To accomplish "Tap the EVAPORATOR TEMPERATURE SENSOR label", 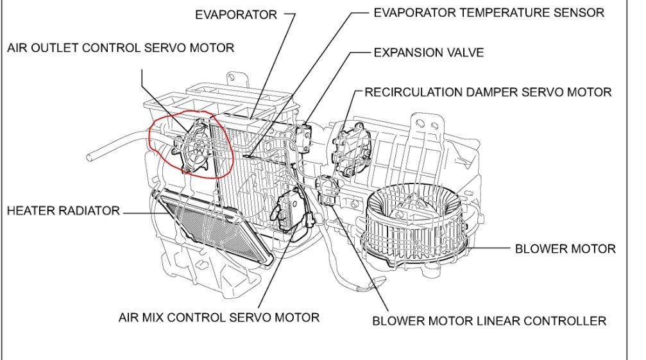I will (x=489, y=12).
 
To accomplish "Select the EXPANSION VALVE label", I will (x=429, y=52).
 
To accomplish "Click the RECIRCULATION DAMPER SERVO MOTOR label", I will (x=488, y=92).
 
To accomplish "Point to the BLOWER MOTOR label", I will (x=565, y=248).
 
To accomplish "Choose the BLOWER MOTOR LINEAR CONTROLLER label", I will (x=489, y=320).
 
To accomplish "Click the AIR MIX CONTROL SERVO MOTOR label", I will (x=219, y=317).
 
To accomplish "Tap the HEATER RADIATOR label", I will (x=64, y=210).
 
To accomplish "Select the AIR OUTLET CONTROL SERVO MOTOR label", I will (x=121, y=47).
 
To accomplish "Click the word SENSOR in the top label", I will (x=581, y=12).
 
